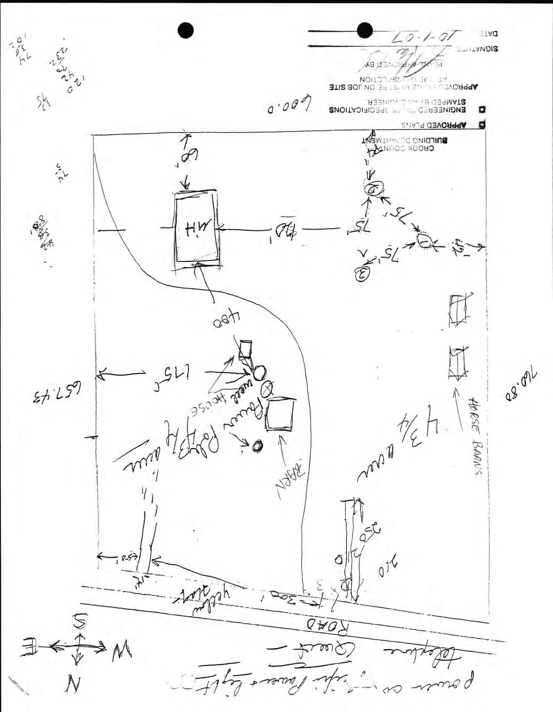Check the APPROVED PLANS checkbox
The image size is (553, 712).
pos(482,126)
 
